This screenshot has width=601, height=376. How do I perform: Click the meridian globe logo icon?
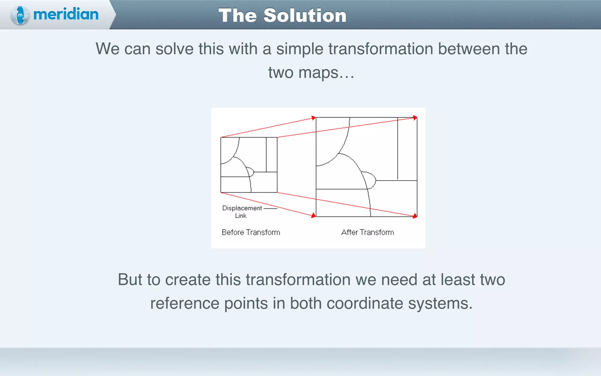[20, 15]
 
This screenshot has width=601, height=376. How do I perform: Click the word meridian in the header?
[66, 14]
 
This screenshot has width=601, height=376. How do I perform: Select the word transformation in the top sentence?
[381, 49]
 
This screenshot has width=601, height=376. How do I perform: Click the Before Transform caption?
[251, 232]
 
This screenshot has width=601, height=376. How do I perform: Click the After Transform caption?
[367, 232]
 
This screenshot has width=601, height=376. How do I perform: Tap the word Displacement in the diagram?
[242, 208]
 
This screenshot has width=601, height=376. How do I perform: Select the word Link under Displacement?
[241, 216]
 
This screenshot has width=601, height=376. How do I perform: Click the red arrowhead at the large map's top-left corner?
[313, 118]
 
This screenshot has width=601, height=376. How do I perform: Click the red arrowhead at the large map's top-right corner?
[415, 118]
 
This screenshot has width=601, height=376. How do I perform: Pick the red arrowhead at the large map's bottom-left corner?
[313, 216]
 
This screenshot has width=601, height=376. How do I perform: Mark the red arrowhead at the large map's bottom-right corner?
[415, 216]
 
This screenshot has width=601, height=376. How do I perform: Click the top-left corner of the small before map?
[221, 137]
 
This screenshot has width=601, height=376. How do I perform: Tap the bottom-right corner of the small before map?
[277, 192]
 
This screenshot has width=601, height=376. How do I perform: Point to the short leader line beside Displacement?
[270, 209]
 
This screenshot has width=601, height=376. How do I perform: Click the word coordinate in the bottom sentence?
[365, 303]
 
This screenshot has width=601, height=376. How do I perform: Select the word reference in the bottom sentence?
[185, 303]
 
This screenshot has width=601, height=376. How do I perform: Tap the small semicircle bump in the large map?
[370, 180]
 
